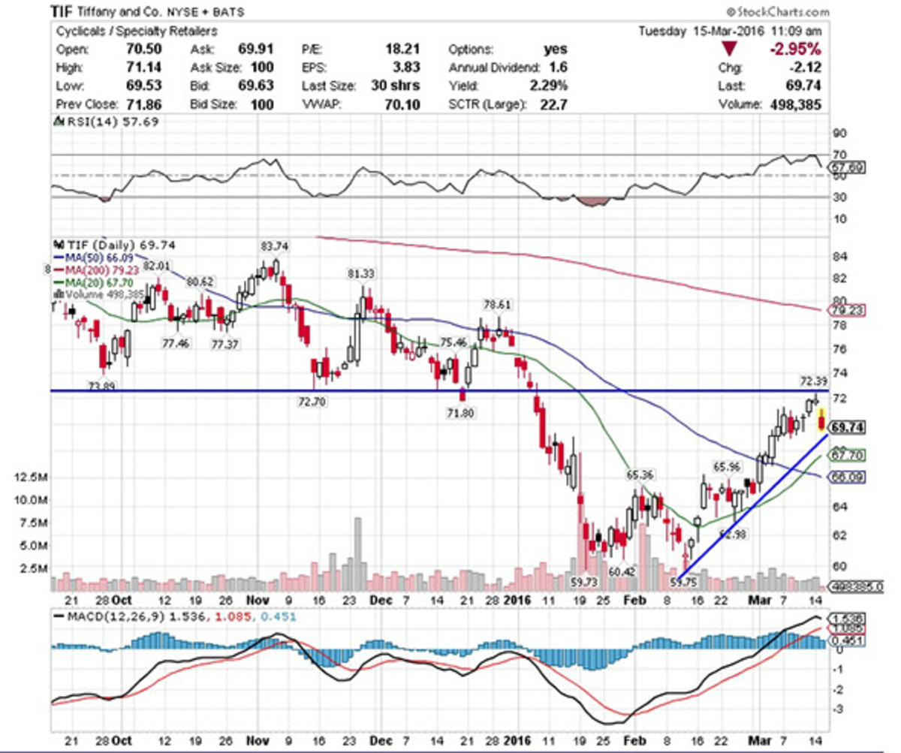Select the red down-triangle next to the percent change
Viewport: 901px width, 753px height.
(x=730, y=50)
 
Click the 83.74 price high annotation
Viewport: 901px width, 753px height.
(x=275, y=245)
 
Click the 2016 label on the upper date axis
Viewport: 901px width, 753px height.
(x=517, y=600)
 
